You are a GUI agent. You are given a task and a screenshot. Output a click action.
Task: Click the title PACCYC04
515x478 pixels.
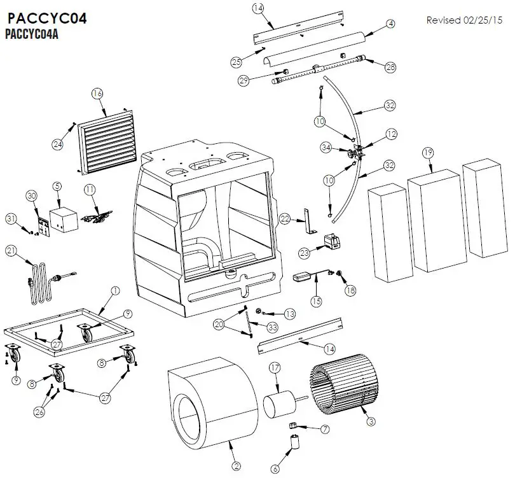48,18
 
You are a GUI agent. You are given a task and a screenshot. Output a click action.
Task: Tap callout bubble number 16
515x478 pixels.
97,94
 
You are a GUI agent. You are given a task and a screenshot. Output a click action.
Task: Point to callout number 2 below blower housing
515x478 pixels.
236,466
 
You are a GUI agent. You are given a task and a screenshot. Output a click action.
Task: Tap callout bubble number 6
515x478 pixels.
275,469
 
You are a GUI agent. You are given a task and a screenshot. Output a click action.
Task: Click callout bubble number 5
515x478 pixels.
57,186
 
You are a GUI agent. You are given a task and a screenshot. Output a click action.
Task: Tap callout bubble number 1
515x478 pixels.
115,290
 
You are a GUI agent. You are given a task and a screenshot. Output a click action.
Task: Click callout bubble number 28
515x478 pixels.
390,66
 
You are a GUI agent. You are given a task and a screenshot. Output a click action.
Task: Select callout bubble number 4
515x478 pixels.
390,24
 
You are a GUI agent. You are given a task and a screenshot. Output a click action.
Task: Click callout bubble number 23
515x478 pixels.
304,253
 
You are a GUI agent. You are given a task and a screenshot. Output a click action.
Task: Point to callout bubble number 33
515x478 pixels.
272,327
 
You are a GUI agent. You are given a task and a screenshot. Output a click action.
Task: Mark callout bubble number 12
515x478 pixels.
391,134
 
